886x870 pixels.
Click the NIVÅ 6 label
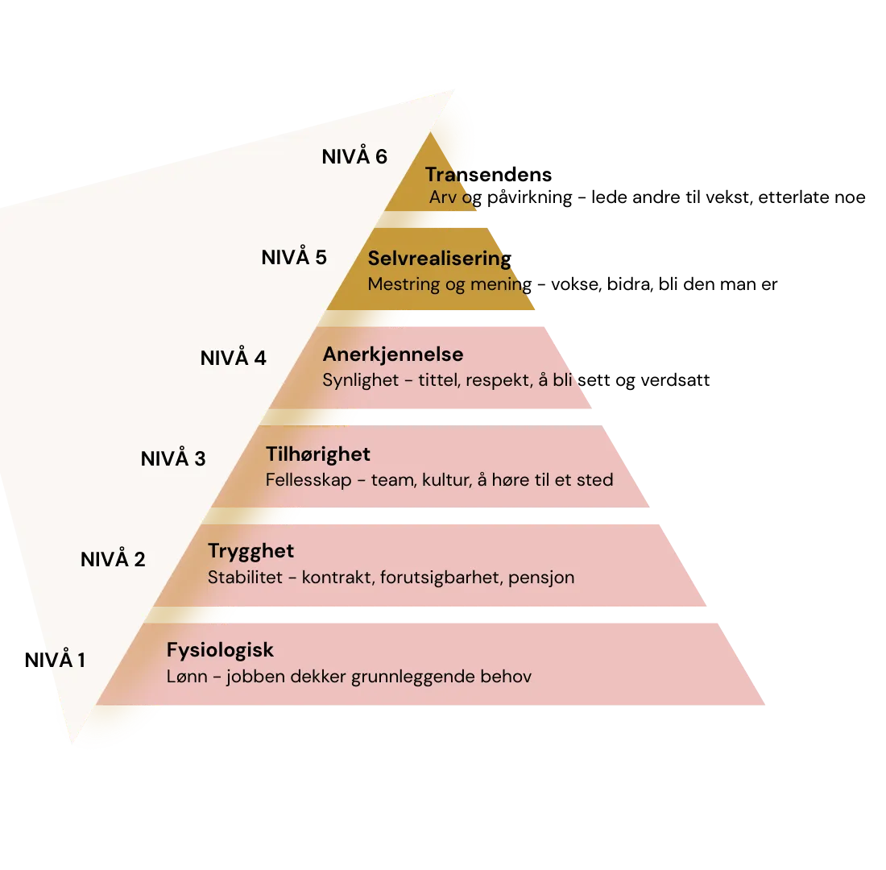[354, 156]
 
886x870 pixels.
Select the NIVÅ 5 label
[294, 258]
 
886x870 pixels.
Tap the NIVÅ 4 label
[234, 358]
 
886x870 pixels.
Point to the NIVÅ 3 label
[173, 458]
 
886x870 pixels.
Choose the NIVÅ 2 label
[113, 559]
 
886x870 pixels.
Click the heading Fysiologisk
[220, 650]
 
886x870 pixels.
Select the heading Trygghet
[250, 551]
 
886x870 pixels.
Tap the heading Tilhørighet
[318, 454]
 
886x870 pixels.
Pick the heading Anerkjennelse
[393, 354]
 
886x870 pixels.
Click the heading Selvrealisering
[439, 259]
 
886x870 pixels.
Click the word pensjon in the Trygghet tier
[541, 578]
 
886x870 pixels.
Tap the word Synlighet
[361, 380]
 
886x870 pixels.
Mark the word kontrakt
[334, 578]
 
